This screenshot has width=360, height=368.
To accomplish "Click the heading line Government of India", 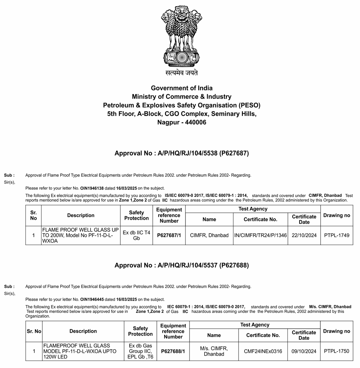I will [x=181, y=88].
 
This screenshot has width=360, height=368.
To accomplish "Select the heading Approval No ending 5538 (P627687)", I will [x=181, y=153].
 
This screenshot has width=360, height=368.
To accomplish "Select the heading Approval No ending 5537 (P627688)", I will [x=181, y=265].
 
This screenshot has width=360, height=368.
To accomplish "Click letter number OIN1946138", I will [x=92, y=188].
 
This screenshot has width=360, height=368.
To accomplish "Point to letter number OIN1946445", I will [x=92, y=299].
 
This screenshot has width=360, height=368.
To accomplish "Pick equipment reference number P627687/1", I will [x=169, y=235].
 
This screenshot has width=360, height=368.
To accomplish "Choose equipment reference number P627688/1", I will [x=173, y=351].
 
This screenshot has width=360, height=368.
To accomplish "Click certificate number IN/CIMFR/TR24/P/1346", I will [x=260, y=235].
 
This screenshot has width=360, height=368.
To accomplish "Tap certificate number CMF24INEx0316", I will [x=263, y=351].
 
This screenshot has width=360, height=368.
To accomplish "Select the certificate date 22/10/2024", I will [x=304, y=235].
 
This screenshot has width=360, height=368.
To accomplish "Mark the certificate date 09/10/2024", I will [x=304, y=351].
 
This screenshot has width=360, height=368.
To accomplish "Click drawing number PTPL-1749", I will [x=336, y=235].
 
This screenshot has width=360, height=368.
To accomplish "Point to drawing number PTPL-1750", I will [x=336, y=351].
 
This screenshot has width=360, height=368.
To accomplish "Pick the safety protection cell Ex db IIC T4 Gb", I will [x=137, y=235].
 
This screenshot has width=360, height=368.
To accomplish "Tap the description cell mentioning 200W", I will [x=81, y=235].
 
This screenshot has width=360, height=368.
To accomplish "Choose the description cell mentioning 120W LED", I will [x=83, y=351].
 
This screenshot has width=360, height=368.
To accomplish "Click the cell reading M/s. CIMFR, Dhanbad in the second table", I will [x=214, y=351].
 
